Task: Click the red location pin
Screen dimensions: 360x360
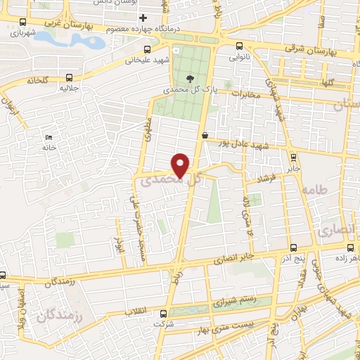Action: click(x=181, y=165)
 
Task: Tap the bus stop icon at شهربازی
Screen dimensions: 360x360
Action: click(x=23, y=22)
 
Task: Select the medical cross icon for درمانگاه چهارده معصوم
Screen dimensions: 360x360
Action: click(x=143, y=18)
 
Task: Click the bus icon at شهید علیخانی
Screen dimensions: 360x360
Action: click(x=147, y=49)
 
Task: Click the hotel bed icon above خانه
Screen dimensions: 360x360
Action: click(x=49, y=137)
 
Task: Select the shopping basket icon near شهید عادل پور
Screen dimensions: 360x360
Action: click(x=205, y=135)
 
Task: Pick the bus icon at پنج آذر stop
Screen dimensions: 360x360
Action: click(x=293, y=247)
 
